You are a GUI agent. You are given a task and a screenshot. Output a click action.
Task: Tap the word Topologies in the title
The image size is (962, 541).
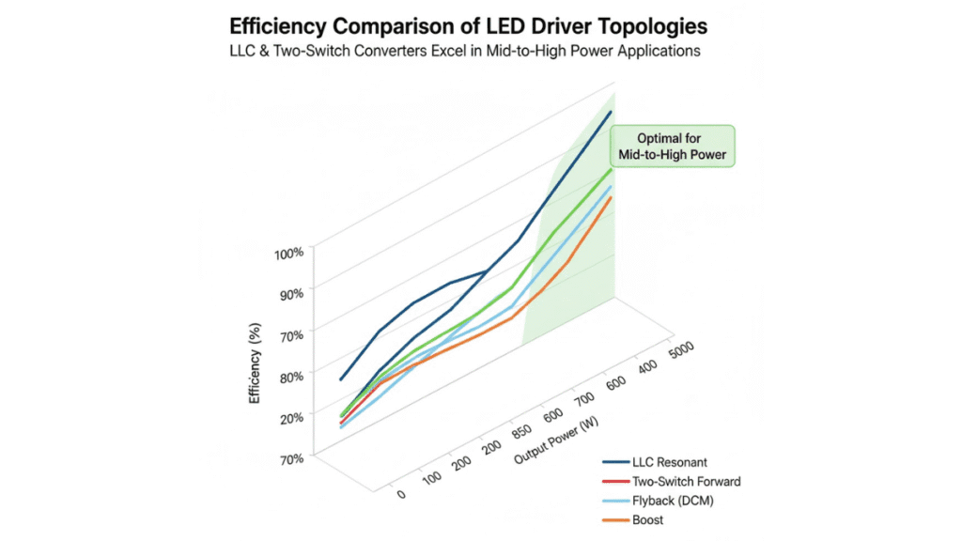click(651, 24)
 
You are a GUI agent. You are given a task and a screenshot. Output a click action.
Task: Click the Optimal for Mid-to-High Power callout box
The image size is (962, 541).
click(672, 147)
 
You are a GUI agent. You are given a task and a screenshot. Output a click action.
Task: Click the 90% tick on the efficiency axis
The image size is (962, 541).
click(289, 293)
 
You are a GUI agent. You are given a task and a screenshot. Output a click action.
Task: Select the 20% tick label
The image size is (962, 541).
click(289, 418)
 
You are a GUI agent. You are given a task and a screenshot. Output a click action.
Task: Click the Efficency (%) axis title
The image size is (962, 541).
click(254, 360)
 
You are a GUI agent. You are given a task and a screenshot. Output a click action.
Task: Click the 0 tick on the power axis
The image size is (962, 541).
click(401, 492)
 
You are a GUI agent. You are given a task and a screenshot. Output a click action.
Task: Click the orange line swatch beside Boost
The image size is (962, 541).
click(615, 519)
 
